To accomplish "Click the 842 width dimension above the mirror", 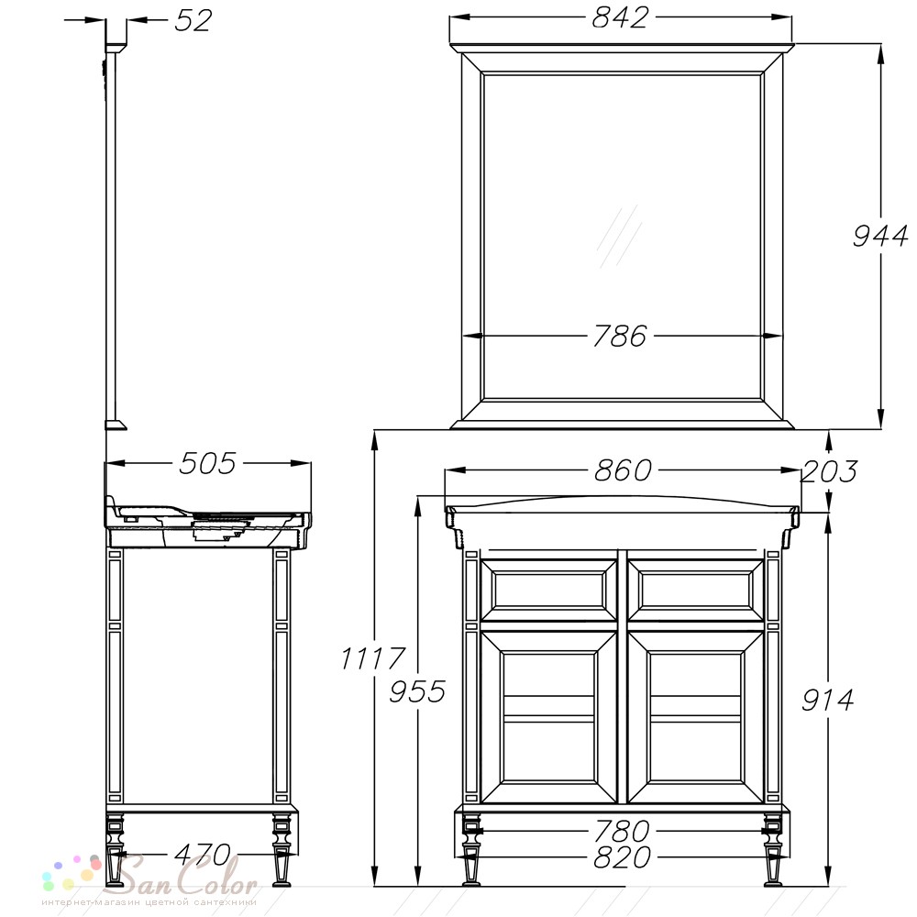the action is click(x=620, y=17).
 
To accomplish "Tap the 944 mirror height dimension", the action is click(x=880, y=237).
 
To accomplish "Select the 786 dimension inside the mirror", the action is click(x=620, y=337).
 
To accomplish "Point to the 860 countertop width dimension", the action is click(x=623, y=470).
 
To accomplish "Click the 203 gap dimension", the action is click(x=829, y=471).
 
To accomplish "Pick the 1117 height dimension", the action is click(x=372, y=658).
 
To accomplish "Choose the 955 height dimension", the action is click(x=417, y=691).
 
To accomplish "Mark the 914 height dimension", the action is click(x=827, y=700).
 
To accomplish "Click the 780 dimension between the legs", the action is click(x=622, y=831).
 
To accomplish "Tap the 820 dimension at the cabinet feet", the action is click(x=622, y=857).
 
